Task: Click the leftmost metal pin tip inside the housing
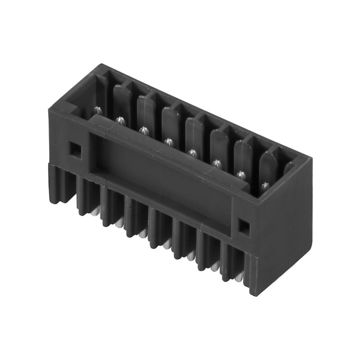click(x=97, y=109)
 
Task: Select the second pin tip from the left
click(x=120, y=120)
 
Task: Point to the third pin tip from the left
click(x=144, y=130)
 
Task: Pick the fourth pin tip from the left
click(x=168, y=142)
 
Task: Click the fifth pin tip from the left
click(x=193, y=153)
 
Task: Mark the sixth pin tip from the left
click(x=217, y=163)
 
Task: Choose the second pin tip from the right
click(x=241, y=174)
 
